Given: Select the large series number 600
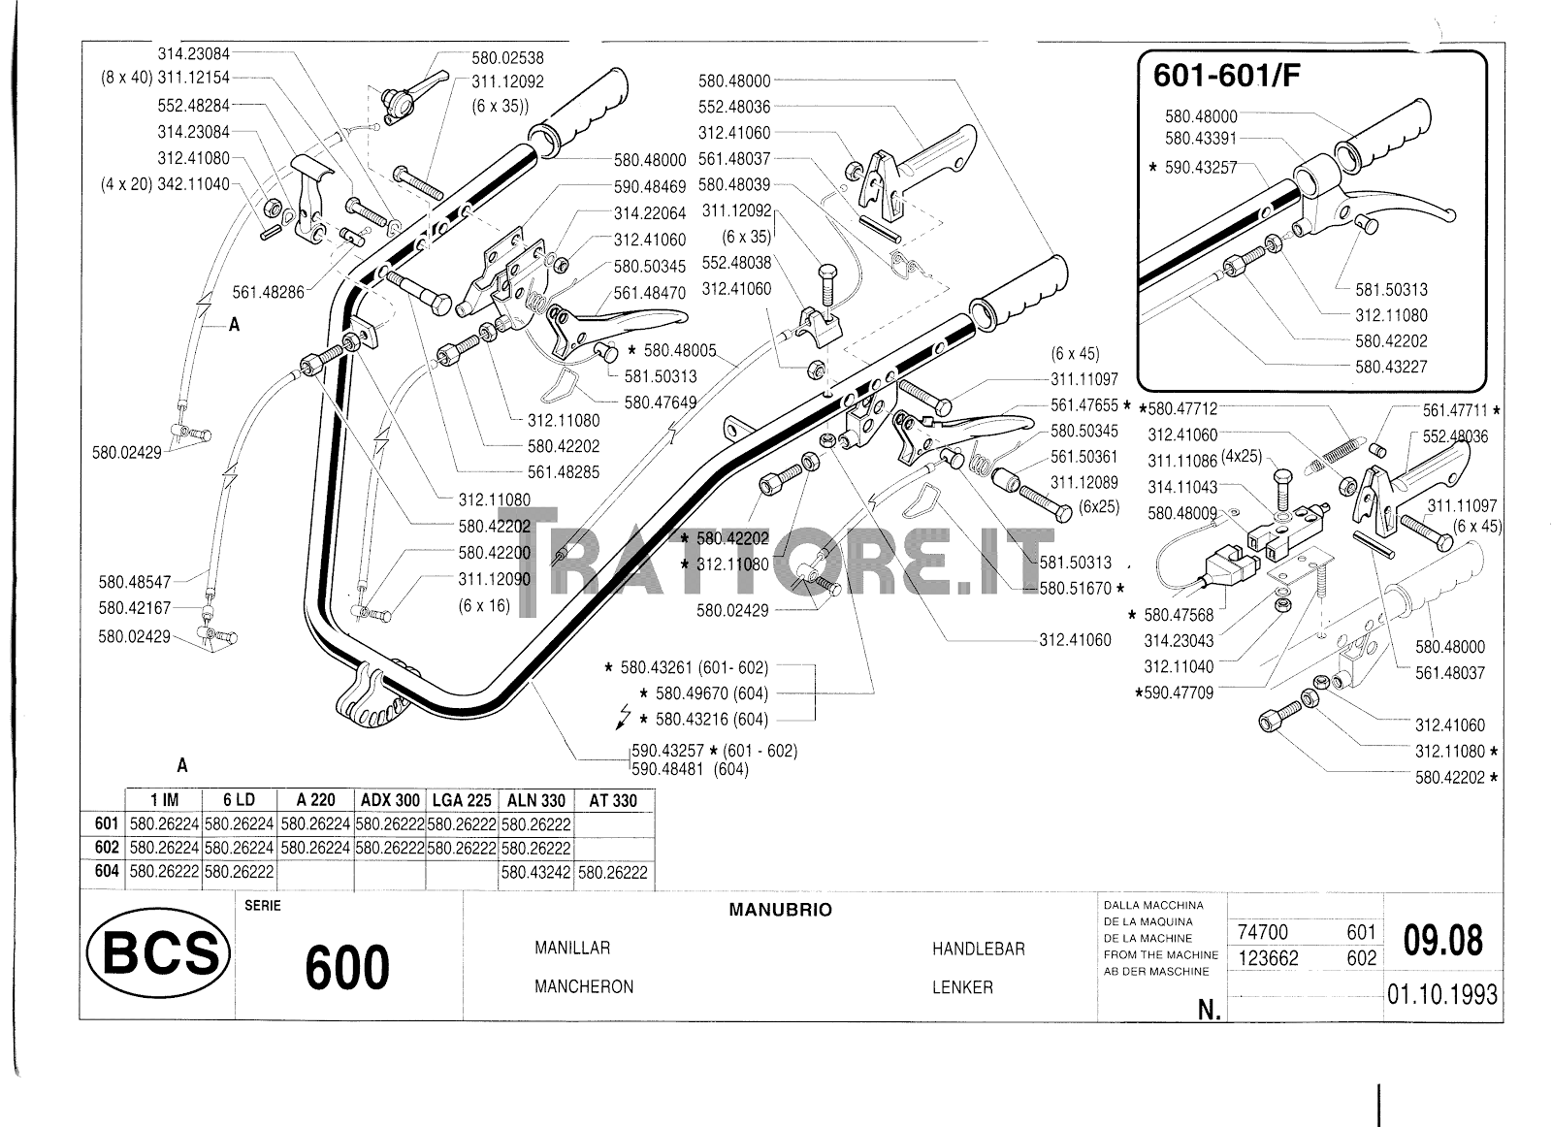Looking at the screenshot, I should pyautogui.click(x=347, y=968).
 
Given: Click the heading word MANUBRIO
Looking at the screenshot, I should pyautogui.click(x=780, y=911).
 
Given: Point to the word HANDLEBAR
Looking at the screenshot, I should pyautogui.click(x=978, y=950).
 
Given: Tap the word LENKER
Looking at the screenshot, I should pyautogui.click(x=962, y=987).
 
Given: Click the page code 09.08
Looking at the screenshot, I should pyautogui.click(x=1443, y=941).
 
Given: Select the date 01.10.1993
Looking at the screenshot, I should pyautogui.click(x=1441, y=995).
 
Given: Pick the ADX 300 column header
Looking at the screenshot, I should pyautogui.click(x=390, y=800).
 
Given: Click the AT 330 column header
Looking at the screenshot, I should pyautogui.click(x=613, y=800).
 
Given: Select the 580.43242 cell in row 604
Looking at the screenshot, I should pyautogui.click(x=536, y=872).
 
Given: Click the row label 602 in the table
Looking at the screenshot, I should pyautogui.click(x=107, y=848).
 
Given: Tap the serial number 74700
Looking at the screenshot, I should pyautogui.click(x=1263, y=932).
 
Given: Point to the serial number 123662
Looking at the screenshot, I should pyautogui.click(x=1269, y=958).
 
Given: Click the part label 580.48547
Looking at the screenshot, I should pyautogui.click(x=134, y=582).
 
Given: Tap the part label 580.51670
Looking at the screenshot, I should pyautogui.click(x=1075, y=588).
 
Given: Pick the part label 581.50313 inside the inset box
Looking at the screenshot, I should pyautogui.click(x=1391, y=289).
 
